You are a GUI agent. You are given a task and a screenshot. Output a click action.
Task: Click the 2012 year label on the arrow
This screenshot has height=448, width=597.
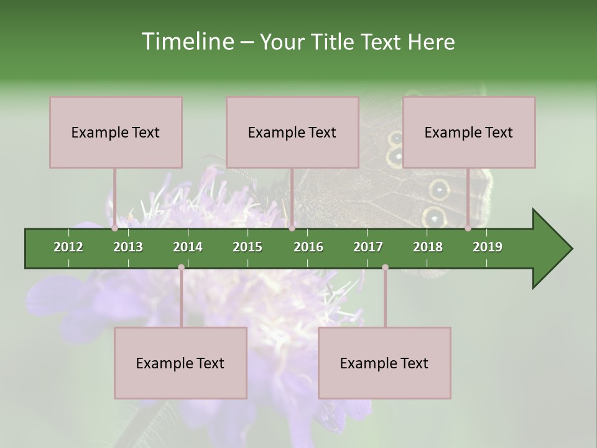pyautogui.click(x=68, y=247)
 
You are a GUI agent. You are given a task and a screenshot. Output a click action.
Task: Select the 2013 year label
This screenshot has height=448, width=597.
pyautogui.click(x=128, y=247)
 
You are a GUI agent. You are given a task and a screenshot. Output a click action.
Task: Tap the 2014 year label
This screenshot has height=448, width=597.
pyautogui.click(x=188, y=247)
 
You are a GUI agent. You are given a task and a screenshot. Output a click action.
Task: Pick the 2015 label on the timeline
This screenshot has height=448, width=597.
pyautogui.click(x=248, y=247)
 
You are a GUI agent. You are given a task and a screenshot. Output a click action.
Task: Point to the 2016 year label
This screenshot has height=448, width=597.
pyautogui.click(x=308, y=247)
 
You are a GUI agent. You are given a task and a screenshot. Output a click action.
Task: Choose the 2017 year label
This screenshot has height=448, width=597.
pyautogui.click(x=368, y=247)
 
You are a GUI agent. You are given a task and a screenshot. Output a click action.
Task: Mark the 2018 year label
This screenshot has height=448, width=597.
pyautogui.click(x=428, y=247)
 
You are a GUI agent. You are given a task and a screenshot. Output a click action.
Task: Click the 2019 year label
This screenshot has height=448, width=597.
pyautogui.click(x=488, y=247)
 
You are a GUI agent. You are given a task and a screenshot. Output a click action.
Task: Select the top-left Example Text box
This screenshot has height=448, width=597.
pyautogui.click(x=116, y=132)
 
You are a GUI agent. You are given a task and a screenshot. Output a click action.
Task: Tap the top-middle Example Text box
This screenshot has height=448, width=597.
pyautogui.click(x=292, y=132)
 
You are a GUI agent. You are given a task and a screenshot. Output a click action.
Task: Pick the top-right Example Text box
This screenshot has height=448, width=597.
pyautogui.click(x=469, y=132)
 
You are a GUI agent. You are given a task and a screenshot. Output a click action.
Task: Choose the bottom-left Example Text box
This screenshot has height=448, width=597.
pyautogui.click(x=180, y=363)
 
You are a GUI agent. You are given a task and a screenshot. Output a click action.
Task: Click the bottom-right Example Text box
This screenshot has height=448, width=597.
pyautogui.click(x=384, y=363)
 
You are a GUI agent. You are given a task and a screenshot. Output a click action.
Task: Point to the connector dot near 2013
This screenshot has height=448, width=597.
pyautogui.click(x=115, y=228)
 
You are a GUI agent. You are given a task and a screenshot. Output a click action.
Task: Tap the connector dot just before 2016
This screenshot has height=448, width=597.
pyautogui.click(x=292, y=228)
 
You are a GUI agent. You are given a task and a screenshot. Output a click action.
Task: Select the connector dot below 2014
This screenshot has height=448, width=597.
pyautogui.click(x=181, y=268)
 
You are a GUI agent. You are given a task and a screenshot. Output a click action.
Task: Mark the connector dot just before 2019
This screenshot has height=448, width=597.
pyautogui.click(x=468, y=228)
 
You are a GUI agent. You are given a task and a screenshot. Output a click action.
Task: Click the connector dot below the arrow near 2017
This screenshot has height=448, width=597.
pyautogui.click(x=385, y=268)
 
